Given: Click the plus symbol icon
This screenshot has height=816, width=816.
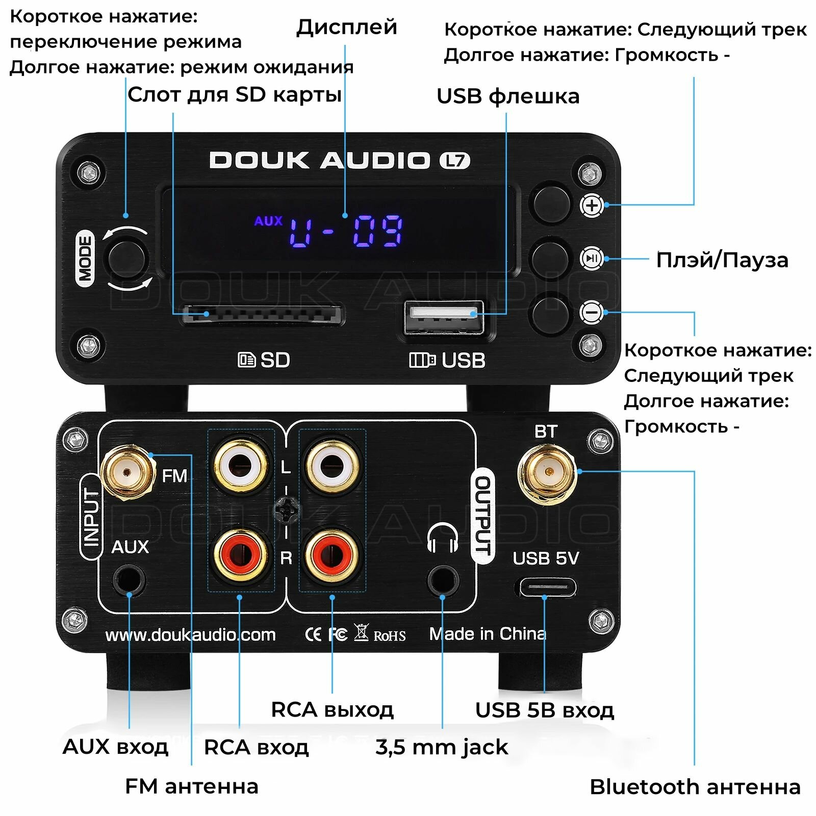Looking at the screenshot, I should pos(592,206).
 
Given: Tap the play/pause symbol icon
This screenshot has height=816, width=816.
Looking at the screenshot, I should pos(592,259).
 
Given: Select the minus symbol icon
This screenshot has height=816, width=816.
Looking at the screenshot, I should pos(592,312).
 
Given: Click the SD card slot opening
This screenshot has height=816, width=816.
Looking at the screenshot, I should pos(262,315).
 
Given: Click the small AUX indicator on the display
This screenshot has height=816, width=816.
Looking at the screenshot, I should pos(268,221).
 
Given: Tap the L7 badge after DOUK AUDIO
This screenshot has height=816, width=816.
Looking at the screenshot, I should pos(454,161).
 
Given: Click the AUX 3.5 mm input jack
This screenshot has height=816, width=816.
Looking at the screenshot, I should pos(129,580).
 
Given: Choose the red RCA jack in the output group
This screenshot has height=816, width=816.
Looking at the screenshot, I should pos(332,554).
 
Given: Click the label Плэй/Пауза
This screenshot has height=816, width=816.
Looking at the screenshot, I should pos(722,260).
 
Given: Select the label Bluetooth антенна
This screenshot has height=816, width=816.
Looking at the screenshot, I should pos(695,787).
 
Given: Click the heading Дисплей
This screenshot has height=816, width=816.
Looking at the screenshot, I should pos(346,27).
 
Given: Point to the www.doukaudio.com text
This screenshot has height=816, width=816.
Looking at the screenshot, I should pos(190,635).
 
